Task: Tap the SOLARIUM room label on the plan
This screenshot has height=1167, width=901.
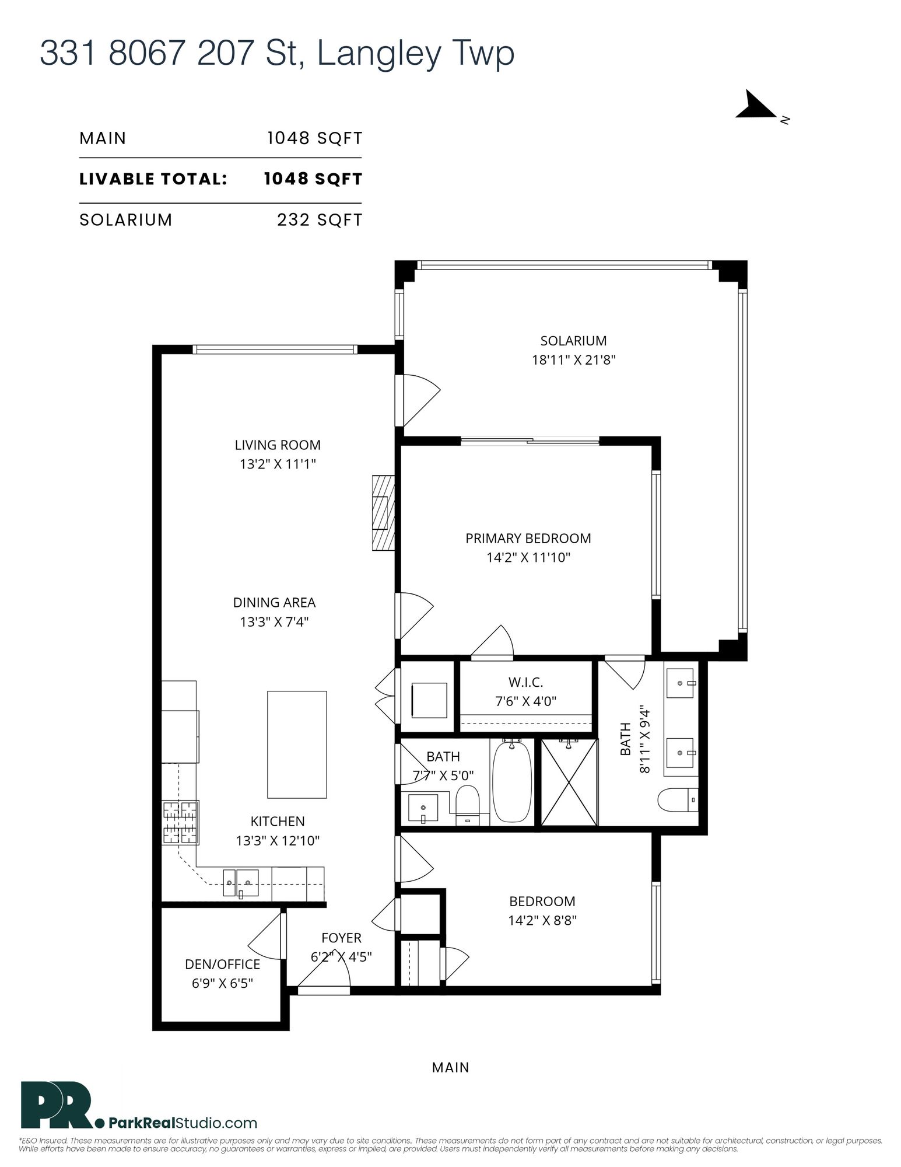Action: point(573,341)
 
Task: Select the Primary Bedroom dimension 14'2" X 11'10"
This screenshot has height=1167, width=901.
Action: point(528,557)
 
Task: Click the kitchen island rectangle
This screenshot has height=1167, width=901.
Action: point(297,744)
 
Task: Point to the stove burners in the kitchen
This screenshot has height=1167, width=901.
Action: point(180,823)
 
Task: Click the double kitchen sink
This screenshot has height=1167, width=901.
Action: point(240,883)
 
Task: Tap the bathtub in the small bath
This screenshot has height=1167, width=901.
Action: point(512,781)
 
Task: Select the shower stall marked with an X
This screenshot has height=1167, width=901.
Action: point(569,782)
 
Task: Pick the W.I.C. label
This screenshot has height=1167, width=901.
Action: point(525,682)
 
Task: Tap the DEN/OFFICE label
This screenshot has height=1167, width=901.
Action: point(222,965)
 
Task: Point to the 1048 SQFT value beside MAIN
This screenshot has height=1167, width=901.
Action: point(315,138)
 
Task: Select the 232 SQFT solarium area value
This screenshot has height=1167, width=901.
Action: point(320,220)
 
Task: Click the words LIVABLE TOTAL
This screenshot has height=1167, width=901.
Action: point(153,179)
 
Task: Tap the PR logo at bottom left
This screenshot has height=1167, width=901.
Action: point(57,1105)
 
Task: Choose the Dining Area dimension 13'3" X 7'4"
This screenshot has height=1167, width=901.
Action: point(274,622)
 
